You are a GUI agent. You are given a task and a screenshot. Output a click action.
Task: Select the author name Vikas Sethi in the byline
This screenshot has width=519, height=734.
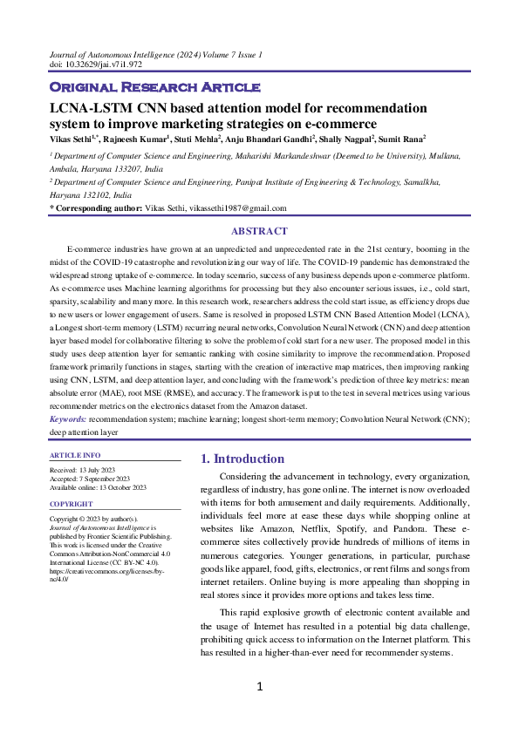(x=72, y=138)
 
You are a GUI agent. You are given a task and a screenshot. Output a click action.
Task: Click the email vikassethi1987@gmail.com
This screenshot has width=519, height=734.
(x=236, y=209)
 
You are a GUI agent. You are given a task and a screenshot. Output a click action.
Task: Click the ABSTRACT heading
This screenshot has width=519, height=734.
(x=259, y=231)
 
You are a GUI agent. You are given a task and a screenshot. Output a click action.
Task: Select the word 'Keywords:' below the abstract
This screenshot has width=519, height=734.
(x=67, y=419)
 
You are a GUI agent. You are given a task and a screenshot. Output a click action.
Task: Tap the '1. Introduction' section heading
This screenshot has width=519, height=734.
(x=242, y=459)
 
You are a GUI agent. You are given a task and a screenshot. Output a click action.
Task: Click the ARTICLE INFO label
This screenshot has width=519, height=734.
(x=75, y=455)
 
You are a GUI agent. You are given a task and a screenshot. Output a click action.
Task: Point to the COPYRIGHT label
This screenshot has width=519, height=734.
(x=72, y=504)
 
